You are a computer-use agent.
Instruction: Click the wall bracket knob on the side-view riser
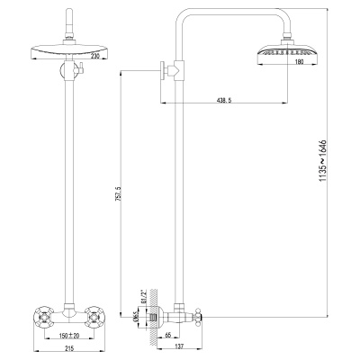click(166, 69)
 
